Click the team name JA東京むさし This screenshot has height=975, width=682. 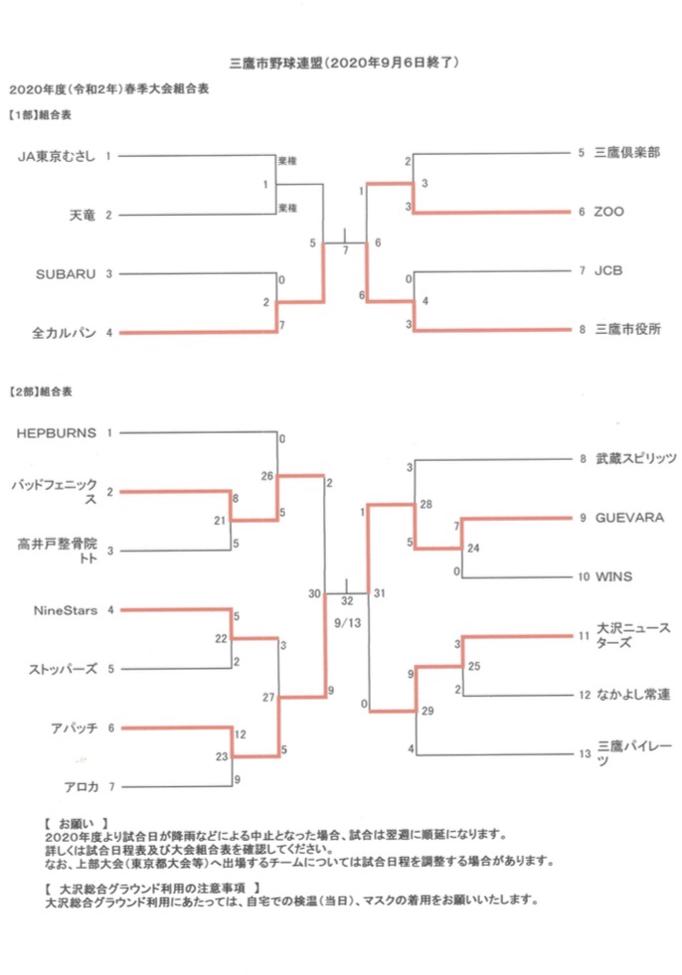(58, 156)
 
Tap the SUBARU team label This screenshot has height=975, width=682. (67, 273)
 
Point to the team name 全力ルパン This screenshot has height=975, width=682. (69, 332)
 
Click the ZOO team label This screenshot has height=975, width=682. (609, 212)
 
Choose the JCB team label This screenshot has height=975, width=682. (608, 270)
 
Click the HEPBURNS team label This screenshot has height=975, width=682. (57, 432)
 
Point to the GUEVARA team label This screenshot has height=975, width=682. (624, 518)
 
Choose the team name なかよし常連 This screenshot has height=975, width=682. (630, 695)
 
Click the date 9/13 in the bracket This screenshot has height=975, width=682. (346, 623)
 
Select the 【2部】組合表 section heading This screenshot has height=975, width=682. (40, 392)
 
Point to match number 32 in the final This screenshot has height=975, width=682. (346, 601)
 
